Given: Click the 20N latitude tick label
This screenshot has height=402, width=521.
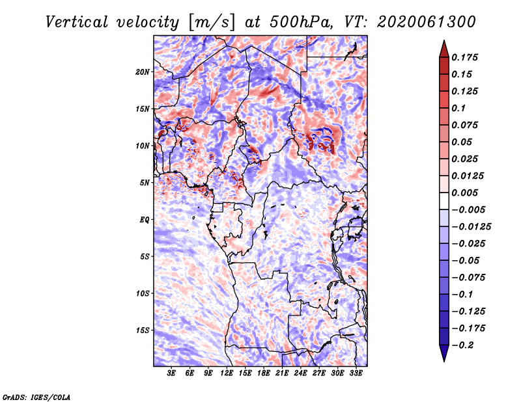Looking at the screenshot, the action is (143, 72).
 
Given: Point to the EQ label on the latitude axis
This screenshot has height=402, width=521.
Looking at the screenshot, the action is (145, 220).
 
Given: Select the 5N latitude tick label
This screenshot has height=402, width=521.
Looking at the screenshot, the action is (145, 183).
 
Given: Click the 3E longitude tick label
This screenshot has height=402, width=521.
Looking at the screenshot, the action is (171, 373).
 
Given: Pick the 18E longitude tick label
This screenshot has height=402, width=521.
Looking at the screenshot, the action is (264, 373).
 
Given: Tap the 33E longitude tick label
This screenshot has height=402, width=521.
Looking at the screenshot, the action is (356, 373).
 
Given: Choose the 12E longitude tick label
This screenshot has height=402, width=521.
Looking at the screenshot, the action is (227, 373).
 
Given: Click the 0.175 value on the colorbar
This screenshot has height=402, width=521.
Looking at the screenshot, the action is (464, 57).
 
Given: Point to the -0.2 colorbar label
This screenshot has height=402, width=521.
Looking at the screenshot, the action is (462, 345).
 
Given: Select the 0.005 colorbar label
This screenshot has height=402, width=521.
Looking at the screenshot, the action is (464, 193).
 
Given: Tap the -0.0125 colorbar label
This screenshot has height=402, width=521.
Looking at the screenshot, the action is (471, 227).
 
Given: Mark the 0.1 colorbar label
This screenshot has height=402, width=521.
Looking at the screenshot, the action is (458, 108).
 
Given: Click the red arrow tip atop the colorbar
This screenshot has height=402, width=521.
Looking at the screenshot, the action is (444, 40).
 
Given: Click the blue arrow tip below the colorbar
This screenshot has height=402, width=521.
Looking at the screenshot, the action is (444, 361).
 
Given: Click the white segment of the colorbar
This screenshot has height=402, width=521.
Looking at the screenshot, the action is (444, 201).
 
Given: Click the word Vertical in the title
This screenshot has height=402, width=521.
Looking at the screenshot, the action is (77, 23).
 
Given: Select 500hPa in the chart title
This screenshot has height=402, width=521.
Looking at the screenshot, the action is (301, 22).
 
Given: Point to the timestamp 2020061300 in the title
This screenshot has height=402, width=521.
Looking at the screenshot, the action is (427, 22).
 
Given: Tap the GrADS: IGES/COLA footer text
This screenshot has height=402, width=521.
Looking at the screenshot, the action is (36, 397).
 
